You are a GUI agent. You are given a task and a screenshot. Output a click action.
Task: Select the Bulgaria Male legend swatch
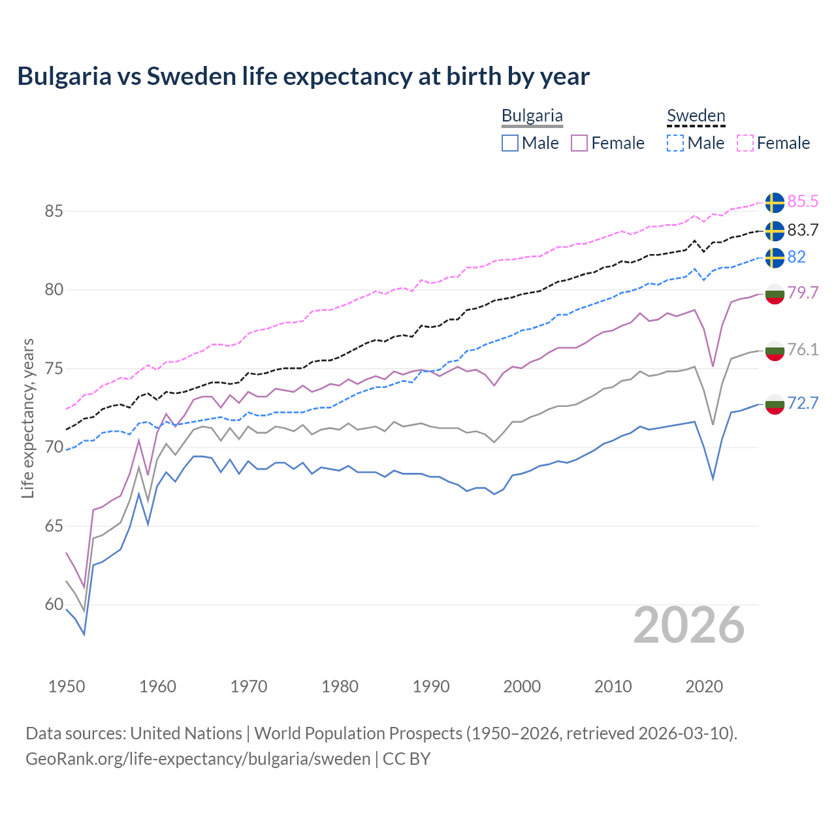coord(510,143)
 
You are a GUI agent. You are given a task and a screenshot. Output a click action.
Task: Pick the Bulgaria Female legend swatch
coord(579,143)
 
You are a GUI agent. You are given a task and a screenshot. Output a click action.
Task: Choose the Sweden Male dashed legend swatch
coord(675,143)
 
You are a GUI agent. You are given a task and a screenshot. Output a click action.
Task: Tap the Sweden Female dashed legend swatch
coord(745,143)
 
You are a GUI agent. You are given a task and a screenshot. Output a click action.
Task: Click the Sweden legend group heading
coord(696,116)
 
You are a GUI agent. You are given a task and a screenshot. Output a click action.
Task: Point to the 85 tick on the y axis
coord(54,211)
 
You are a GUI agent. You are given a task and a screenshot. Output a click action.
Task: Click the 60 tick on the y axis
coord(54,605)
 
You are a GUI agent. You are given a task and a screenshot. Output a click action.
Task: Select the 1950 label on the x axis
coord(67,686)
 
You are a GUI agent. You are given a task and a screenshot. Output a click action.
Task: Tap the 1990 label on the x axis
coord(431,686)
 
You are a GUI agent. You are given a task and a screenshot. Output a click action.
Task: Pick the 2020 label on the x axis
coord(704,686)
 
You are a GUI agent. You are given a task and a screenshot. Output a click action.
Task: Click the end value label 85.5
coord(803,202)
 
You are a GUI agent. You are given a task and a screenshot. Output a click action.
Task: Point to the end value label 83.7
coord(803,231)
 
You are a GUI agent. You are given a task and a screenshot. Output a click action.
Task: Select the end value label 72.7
coord(803,404)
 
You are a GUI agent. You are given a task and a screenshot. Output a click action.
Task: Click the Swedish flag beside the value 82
coord(775,257)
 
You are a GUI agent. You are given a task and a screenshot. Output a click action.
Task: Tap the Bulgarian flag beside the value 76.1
coord(775,350)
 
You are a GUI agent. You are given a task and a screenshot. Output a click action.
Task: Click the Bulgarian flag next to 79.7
coord(775,294)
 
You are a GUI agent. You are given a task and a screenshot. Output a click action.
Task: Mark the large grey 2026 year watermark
coord(689,625)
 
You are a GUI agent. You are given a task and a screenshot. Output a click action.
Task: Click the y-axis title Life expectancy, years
coord(28,418)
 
